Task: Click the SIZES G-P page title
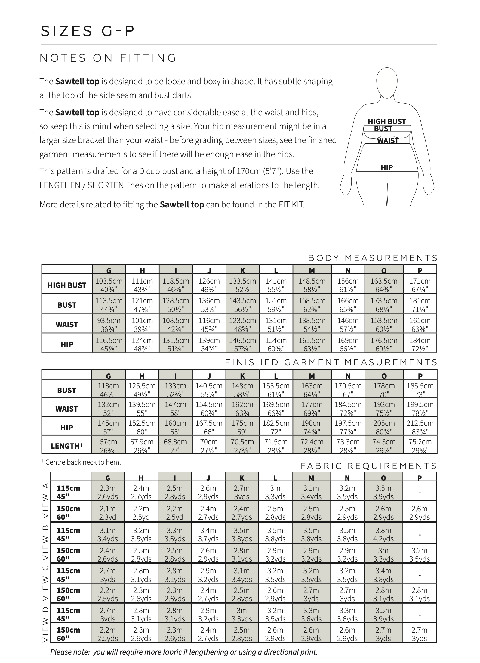[88, 31]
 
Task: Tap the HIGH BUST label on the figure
[387, 121]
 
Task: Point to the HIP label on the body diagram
[387, 167]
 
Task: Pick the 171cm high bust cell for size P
[420, 285]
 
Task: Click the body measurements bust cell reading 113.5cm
[109, 304]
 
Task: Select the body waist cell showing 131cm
[276, 324]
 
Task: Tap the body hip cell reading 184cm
[420, 344]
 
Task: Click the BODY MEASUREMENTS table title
[373, 258]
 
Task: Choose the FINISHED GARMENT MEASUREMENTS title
[331, 362]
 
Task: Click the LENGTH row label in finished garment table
[66, 446]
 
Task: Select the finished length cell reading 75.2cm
[420, 446]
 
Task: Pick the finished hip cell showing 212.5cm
[420, 427]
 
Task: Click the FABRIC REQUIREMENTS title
[369, 466]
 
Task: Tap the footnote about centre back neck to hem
[81, 462]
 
